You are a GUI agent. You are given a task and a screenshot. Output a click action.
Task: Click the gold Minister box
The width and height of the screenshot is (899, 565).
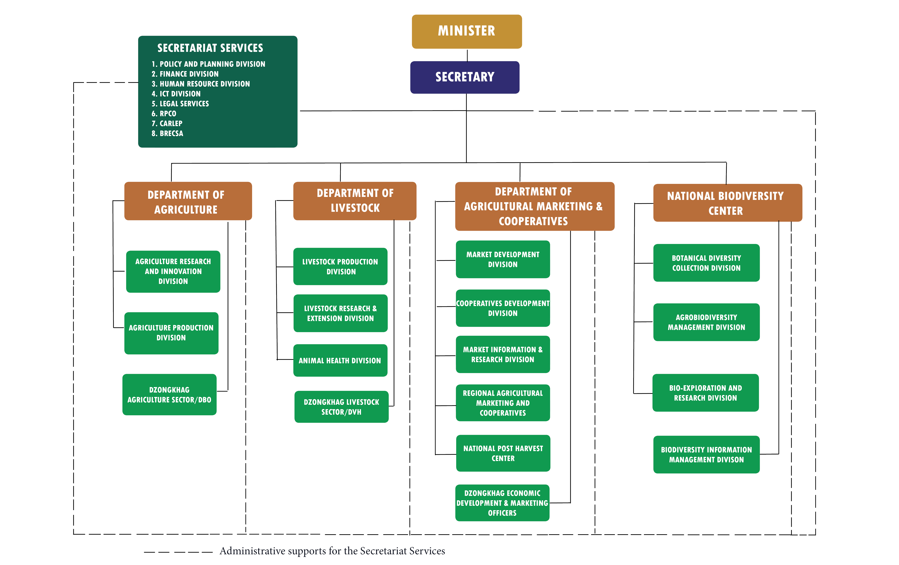point(467,31)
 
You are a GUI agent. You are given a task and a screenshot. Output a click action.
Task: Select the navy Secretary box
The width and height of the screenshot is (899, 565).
point(465,77)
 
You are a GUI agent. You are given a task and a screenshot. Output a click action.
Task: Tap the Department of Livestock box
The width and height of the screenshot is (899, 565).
point(355,201)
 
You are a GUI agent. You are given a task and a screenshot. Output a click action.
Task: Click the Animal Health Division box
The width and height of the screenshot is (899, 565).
point(340,360)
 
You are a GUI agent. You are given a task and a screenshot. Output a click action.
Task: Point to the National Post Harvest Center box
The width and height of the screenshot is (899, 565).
point(503,453)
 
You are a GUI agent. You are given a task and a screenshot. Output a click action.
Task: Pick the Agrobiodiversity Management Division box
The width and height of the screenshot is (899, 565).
point(706,322)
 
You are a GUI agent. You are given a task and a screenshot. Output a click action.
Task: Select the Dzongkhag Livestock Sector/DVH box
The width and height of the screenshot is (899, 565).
point(341,407)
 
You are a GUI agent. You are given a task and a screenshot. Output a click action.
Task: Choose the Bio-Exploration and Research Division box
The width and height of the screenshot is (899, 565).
point(706,393)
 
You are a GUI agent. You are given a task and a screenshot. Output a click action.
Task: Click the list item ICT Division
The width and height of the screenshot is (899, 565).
point(176,94)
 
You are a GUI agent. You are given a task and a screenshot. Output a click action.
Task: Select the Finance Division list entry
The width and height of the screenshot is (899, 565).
point(185,74)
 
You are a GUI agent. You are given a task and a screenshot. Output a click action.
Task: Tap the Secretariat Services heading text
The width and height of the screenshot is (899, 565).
point(210,48)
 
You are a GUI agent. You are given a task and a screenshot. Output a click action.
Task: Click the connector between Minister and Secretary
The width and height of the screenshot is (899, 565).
point(467,55)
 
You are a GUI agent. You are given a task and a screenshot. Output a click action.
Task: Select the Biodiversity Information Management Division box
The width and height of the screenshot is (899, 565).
point(706,454)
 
